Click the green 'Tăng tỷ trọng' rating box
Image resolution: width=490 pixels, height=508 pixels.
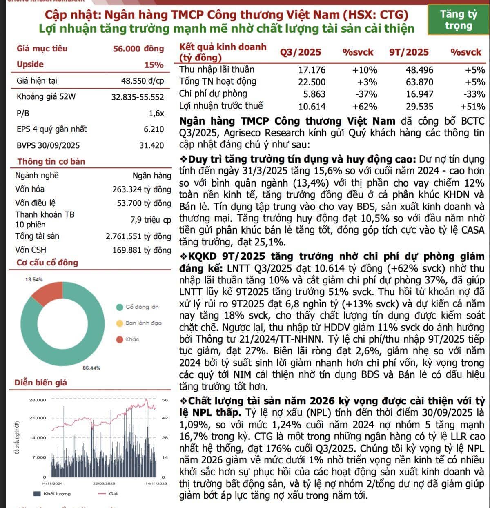[458, 20]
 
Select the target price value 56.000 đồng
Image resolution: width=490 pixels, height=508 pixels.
[138, 49]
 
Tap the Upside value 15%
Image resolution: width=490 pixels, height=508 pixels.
[154, 65]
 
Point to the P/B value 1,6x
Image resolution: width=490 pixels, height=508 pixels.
[156, 113]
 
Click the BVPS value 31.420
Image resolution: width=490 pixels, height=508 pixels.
[151, 145]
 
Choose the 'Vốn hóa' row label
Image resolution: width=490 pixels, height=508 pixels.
[30, 189]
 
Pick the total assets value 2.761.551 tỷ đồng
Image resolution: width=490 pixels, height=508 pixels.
[138, 236]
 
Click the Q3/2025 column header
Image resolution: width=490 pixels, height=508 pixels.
[300, 52]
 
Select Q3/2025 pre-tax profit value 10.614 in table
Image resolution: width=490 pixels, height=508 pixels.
[312, 107]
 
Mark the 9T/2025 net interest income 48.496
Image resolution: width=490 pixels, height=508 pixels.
[419, 70]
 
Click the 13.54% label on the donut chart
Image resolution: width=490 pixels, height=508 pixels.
[34, 280]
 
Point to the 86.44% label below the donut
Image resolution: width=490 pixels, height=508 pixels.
[91, 368]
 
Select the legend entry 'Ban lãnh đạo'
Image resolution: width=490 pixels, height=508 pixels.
[143, 323]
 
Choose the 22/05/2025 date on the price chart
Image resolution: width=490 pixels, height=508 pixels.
[104, 483]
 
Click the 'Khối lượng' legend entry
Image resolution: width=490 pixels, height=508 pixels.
[57, 494]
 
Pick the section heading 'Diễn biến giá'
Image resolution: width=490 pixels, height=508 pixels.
[40, 383]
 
